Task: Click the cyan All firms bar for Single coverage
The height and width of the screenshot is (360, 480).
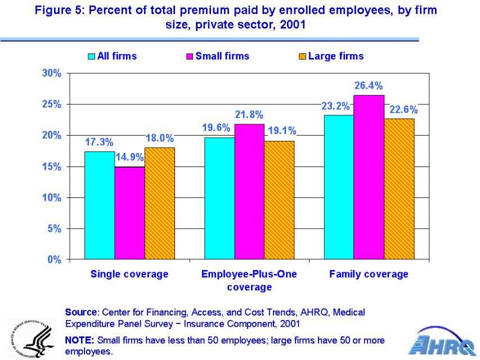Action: (x=100, y=205)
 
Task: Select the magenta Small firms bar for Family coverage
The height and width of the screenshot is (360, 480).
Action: (x=369, y=177)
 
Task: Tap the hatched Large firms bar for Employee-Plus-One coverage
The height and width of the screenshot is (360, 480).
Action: (x=279, y=200)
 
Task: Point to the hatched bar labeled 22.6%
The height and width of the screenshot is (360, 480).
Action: (x=399, y=188)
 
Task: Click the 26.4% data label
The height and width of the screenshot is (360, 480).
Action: (x=369, y=86)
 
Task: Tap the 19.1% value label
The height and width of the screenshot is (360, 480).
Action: (x=281, y=132)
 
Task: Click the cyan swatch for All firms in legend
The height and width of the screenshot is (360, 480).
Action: (x=92, y=56)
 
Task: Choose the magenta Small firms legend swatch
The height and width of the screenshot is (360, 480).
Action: (x=190, y=56)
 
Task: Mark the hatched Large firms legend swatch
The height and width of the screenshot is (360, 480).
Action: (x=302, y=56)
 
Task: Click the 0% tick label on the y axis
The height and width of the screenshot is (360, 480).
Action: (x=54, y=260)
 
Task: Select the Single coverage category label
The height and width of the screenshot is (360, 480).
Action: (x=129, y=274)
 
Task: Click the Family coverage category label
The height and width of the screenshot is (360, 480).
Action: (x=369, y=274)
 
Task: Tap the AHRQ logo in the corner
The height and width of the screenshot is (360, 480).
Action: (x=442, y=341)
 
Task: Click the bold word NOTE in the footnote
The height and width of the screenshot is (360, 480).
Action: (x=79, y=340)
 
